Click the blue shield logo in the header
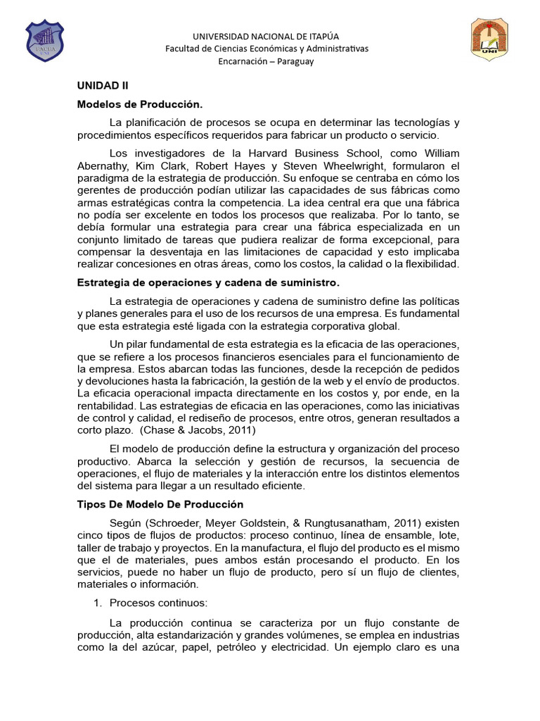pos(44,40)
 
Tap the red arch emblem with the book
pos(494,40)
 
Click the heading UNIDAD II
pos(103,85)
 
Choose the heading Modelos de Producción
pos(140,104)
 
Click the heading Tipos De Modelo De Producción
pos(160,504)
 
